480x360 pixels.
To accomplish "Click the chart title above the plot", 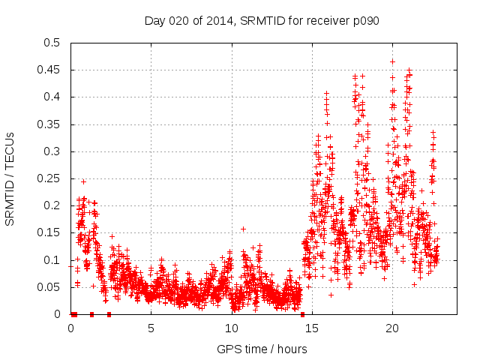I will pos(262,20).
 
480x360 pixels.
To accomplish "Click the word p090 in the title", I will pos(366,20).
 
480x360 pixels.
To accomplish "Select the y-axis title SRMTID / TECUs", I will pos(10,178).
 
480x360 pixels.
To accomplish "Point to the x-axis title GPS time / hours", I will pos(262,349).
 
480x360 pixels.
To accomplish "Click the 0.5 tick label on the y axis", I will pos(54,43).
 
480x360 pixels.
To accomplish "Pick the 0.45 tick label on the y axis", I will pos(51,70).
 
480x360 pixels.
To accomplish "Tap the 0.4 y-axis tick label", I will pos(54,97).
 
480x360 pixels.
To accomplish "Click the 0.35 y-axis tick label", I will pos(51,124).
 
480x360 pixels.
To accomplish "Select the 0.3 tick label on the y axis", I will pos(54,151).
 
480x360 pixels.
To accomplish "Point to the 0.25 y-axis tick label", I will pos(51,178).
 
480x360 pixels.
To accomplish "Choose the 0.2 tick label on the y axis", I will pos(54,205).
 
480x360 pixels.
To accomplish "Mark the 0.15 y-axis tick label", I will pos(51,233).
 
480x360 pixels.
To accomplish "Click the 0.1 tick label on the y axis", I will pos(54,260).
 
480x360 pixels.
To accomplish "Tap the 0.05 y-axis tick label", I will pos(51,287).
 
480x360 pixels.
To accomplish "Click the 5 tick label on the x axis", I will pos(151,328).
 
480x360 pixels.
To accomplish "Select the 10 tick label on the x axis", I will pos(231,328).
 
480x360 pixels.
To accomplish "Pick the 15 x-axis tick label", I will pos(311,328).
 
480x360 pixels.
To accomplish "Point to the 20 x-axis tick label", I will pos(391,328).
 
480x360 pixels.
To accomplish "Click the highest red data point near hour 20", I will pos(392,61).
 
